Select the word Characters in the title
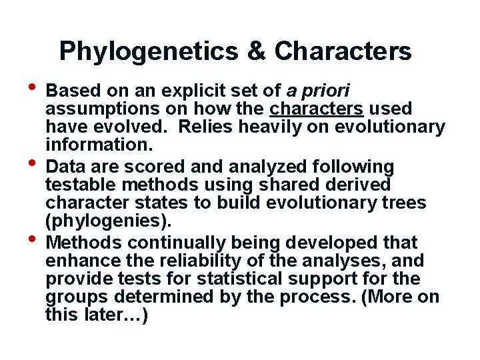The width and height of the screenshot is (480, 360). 343,51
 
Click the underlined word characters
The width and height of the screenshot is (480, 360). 317,108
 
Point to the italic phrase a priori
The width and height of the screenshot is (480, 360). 318,90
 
